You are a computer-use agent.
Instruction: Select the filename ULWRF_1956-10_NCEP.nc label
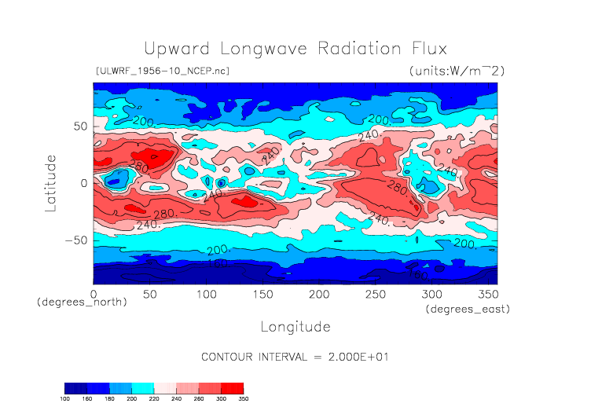tap(162, 71)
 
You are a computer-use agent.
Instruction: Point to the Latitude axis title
tap(51, 183)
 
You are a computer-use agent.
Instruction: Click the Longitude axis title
tap(295, 326)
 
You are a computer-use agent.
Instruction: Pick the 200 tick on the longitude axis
tap(318, 294)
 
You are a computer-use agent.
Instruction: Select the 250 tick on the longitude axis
tap(375, 294)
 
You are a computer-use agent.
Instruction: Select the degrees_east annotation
tap(468, 310)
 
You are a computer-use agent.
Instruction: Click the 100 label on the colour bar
tap(65, 398)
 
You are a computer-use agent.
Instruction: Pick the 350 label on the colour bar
tap(244, 398)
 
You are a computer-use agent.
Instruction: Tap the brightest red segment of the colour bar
tap(233, 388)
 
